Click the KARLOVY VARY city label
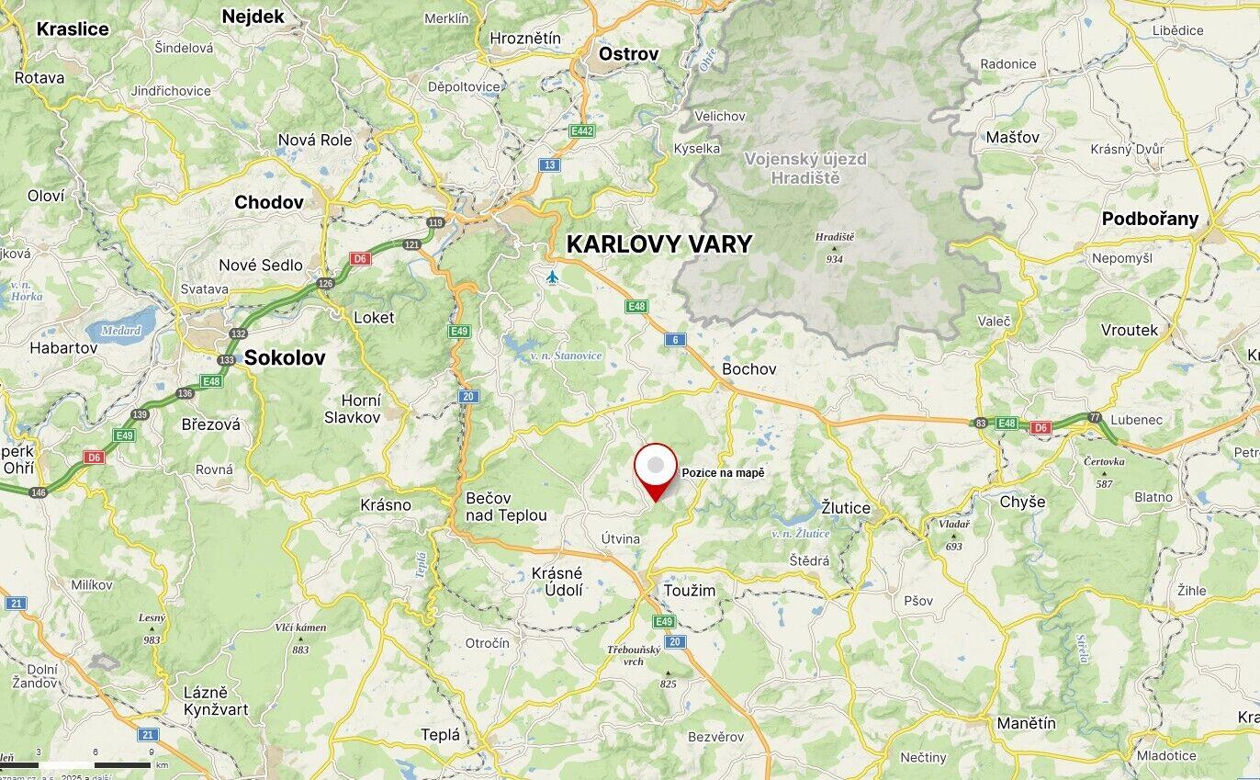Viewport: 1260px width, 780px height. coord(659,244)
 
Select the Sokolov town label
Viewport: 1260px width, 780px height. coord(285,358)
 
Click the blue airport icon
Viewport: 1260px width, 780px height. coord(552,277)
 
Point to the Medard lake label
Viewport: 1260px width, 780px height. coord(120,331)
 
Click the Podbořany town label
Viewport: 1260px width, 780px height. coord(1150,219)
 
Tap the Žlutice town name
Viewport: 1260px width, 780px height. coord(846,507)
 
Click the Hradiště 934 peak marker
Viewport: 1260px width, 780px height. coord(834,247)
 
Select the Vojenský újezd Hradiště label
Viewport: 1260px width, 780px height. coord(805,168)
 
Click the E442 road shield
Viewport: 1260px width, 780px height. coord(581,131)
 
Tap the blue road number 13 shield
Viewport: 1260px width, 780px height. coord(549,164)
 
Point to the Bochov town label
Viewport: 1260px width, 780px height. coord(748,368)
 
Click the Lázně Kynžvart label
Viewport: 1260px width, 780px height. coord(216,700)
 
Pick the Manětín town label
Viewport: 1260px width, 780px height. coord(1026,723)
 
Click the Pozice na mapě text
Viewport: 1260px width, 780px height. coord(723,472)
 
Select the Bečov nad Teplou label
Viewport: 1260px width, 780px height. coord(506,506)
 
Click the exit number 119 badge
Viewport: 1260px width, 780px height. coord(434,222)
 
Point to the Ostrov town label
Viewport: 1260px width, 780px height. coord(628,54)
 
